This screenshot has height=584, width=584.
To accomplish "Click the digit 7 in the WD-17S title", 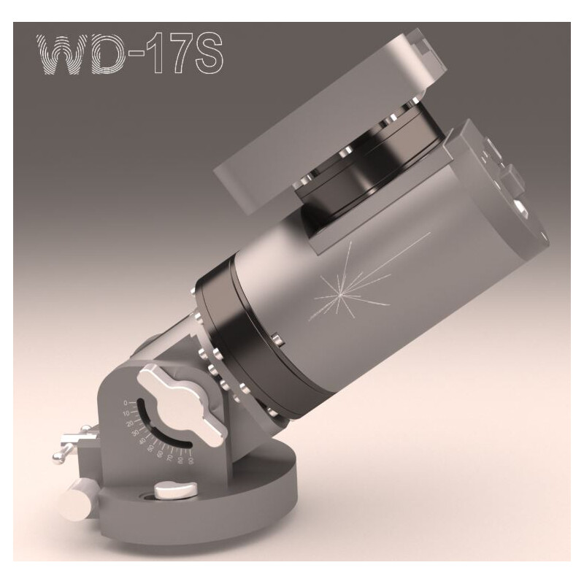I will (174, 54).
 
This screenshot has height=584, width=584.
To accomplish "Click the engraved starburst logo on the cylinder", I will (338, 292).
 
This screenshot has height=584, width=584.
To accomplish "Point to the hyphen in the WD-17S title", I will (141, 55).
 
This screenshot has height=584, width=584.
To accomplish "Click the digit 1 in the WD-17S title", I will (156, 54).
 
